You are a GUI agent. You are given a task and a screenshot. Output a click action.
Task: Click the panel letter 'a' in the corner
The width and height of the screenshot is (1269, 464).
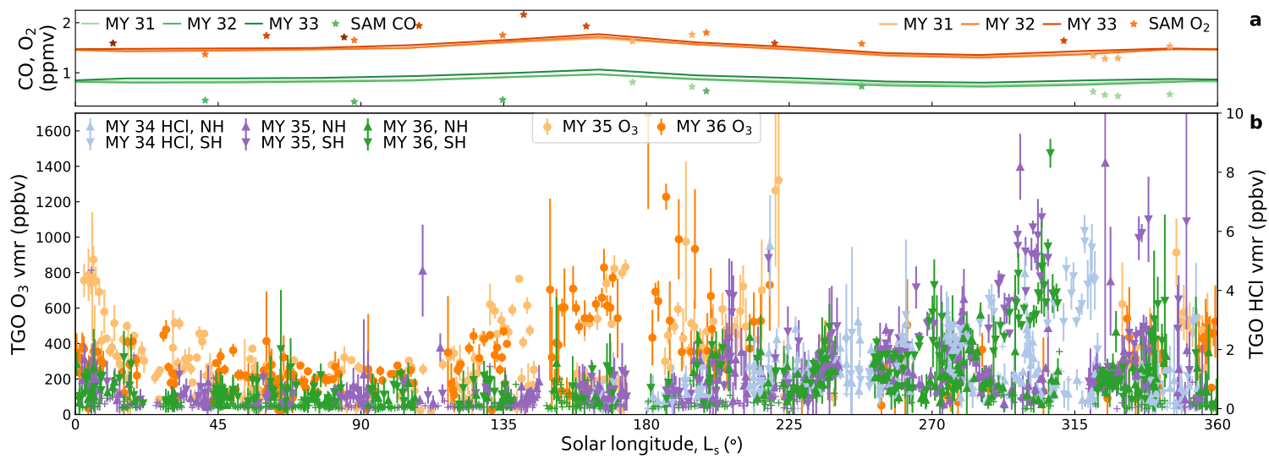[1255, 20]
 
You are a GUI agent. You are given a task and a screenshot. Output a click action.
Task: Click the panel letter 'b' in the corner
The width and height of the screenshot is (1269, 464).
[1255, 123]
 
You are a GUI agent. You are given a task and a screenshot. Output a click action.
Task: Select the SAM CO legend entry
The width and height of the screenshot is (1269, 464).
[376, 24]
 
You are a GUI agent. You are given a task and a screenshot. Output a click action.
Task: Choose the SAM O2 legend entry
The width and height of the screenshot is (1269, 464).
[1173, 24]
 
